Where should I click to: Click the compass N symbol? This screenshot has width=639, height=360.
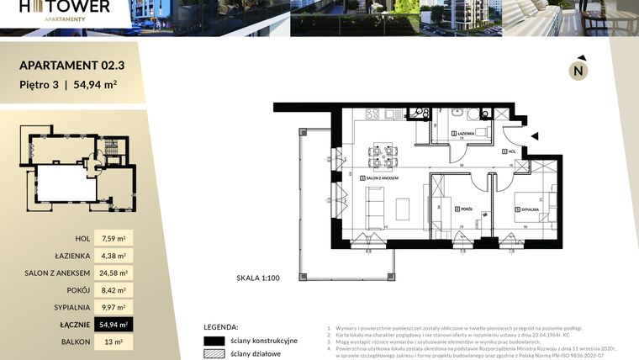(x=578, y=71)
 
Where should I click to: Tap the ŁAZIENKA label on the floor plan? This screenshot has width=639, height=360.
(x=465, y=134)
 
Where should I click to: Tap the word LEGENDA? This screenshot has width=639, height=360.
(x=221, y=326)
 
